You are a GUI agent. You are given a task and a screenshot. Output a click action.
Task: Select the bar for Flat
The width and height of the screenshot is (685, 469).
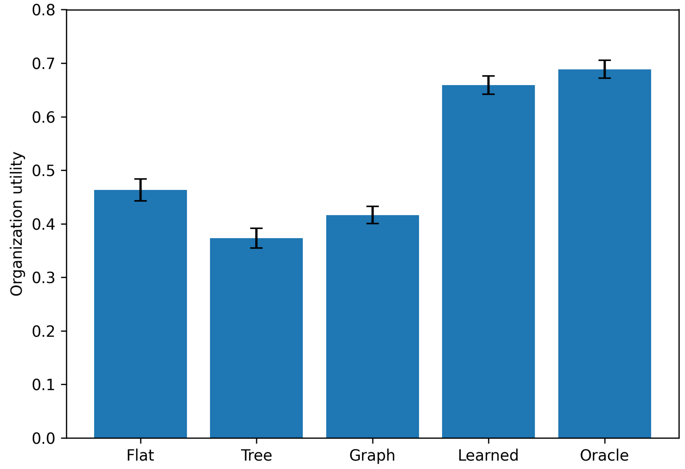pos(140,314)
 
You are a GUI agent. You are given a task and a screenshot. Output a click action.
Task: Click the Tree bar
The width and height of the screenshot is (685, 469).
pos(256,338)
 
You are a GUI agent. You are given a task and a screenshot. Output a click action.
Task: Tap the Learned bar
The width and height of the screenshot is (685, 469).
pos(488,262)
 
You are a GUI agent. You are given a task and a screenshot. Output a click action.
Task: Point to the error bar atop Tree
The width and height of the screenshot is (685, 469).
pos(256,238)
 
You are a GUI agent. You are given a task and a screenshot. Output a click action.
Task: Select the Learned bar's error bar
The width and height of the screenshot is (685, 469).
pos(488,85)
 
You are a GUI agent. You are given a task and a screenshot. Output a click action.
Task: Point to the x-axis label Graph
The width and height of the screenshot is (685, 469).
pos(372,456)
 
